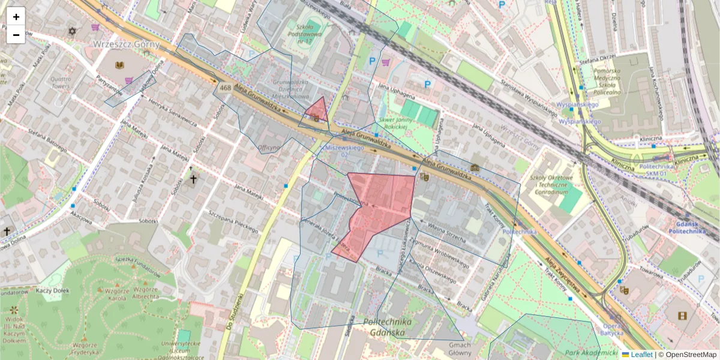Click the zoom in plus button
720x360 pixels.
coord(16,17)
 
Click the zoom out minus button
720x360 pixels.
coord(16,35)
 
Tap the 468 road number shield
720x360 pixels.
coord(225,88)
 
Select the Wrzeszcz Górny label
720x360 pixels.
coord(126,44)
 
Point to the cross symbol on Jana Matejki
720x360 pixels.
coord(193,179)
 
